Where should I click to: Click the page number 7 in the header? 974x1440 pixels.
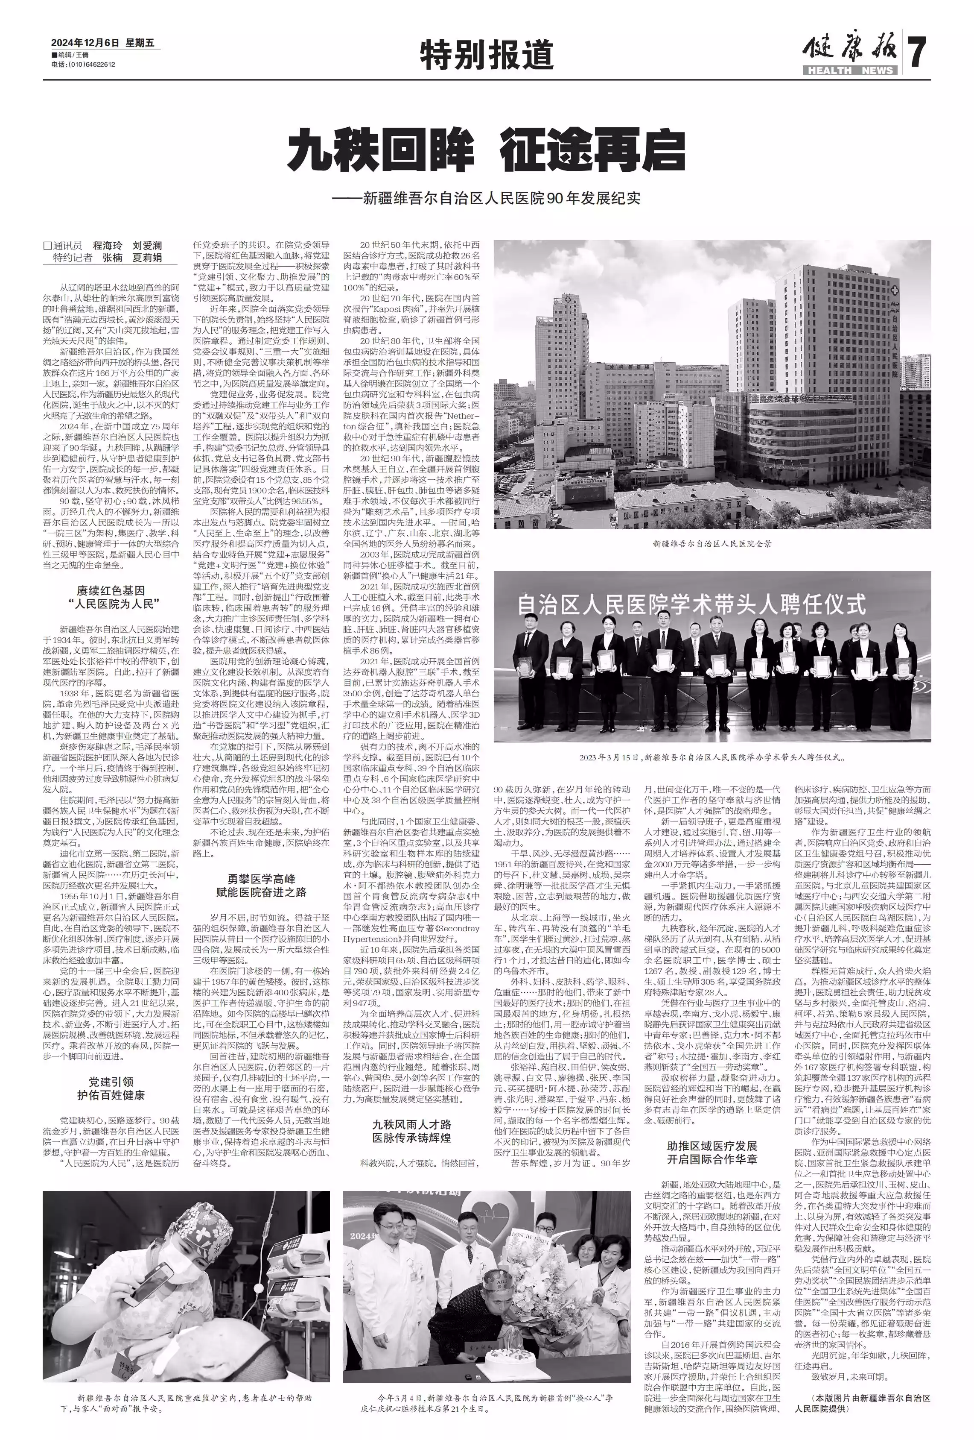coord(918,53)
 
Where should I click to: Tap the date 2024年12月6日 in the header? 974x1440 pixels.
coord(84,43)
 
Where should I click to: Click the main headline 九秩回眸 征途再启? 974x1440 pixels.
coord(486,150)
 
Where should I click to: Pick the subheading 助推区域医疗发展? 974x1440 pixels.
coord(712,1146)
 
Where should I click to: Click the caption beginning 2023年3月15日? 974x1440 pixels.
coord(712,757)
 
